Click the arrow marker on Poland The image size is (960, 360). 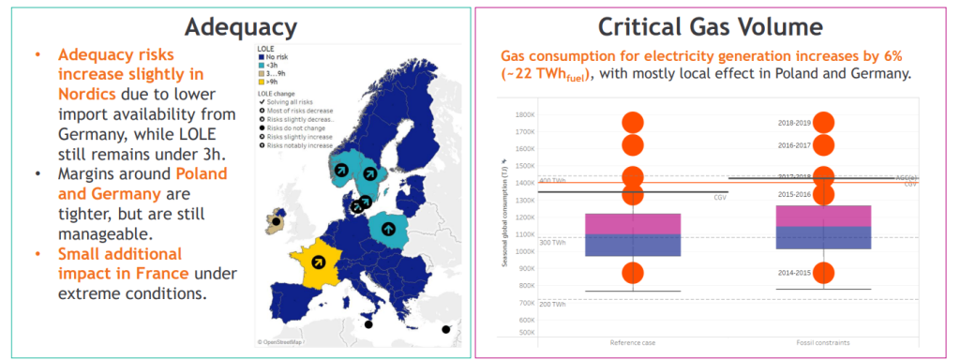click(387, 226)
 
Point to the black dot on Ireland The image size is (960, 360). click(276, 223)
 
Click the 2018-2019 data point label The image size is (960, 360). click(794, 123)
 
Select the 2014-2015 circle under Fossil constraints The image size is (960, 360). click(823, 272)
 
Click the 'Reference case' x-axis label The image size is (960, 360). click(633, 342)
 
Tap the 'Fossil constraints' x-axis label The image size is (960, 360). click(823, 342)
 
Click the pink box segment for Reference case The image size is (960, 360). click(633, 223)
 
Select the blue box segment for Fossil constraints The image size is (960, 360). click(823, 237)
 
